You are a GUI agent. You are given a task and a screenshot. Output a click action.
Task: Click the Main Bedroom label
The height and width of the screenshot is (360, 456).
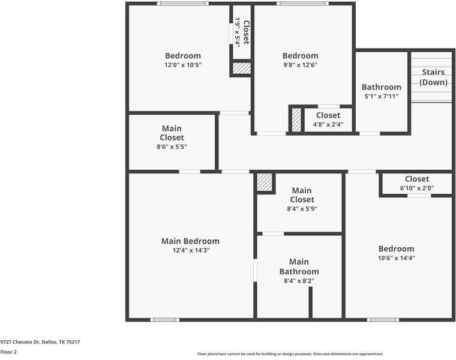pyautogui.click(x=190, y=241)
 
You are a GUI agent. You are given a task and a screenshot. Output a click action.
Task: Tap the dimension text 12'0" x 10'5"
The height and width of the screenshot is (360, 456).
pyautogui.click(x=183, y=65)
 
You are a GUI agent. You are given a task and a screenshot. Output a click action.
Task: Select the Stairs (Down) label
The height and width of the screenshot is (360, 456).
pyautogui.click(x=433, y=77)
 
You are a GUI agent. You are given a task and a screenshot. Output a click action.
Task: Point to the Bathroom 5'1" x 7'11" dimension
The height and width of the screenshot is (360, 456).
pyautogui.click(x=381, y=96)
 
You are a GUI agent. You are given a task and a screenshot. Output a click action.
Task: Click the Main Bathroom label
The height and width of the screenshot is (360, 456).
pyautogui.click(x=299, y=266)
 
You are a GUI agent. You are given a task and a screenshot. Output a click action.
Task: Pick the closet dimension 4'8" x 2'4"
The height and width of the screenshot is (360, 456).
pyautogui.click(x=328, y=124)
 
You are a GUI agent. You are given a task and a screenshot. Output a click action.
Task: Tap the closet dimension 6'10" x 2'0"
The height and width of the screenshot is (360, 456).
pyautogui.click(x=417, y=188)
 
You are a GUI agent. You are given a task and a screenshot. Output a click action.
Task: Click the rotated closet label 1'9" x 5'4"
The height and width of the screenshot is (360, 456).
pyautogui.click(x=238, y=32)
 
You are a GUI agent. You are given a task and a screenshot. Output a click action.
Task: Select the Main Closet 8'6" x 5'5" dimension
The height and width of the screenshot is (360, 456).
pyautogui.click(x=172, y=147)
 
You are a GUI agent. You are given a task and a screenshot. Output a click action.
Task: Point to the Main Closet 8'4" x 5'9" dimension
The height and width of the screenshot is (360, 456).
pyautogui.click(x=302, y=209)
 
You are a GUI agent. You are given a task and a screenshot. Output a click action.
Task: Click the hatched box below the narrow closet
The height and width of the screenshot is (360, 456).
pyautogui.click(x=242, y=68)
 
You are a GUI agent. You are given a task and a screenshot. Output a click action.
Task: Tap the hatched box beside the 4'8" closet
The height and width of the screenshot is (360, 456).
pyautogui.click(x=296, y=120)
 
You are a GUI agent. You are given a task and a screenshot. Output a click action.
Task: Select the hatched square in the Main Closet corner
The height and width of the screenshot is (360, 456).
pyautogui.click(x=265, y=182)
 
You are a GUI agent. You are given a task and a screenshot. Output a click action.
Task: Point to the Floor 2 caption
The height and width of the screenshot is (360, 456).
pyautogui.click(x=8, y=352)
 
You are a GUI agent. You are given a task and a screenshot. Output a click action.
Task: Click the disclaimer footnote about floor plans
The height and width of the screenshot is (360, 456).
pyautogui.click(x=290, y=354)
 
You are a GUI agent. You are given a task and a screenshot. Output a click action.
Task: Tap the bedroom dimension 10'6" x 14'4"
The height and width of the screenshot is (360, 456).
pyautogui.click(x=396, y=258)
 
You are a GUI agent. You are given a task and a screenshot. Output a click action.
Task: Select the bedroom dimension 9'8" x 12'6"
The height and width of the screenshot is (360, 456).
pyautogui.click(x=300, y=65)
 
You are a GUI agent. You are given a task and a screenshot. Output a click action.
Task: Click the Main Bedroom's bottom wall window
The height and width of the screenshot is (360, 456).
pyautogui.click(x=165, y=320)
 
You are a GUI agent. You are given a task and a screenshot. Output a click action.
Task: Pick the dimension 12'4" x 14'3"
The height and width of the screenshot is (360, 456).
pyautogui.click(x=191, y=250)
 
